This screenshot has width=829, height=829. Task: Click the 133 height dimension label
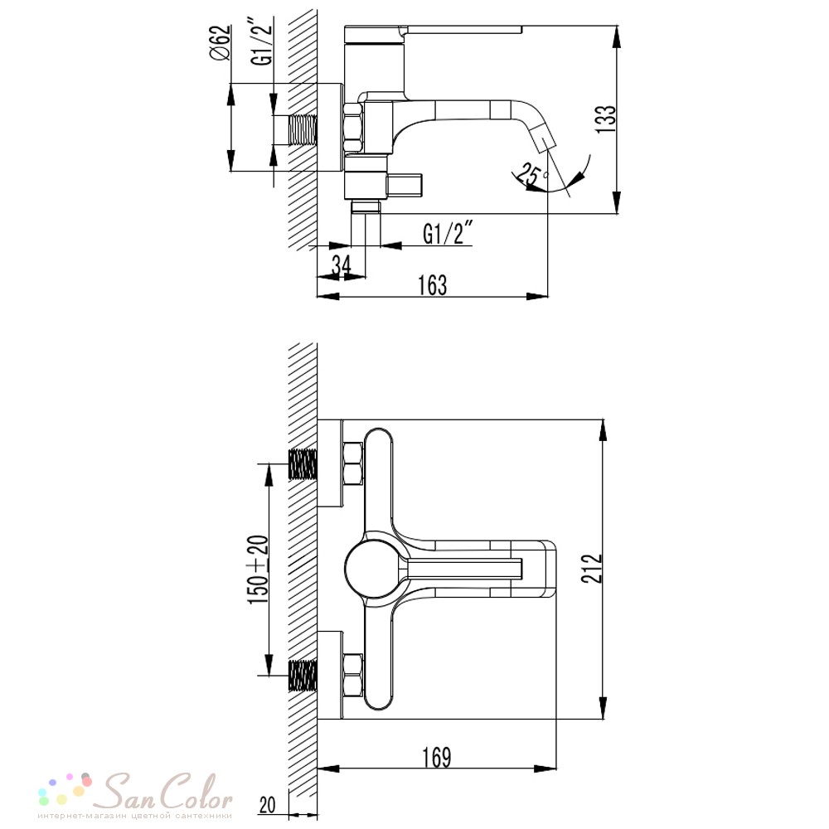point(607,119)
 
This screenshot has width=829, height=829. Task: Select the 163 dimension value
point(433,285)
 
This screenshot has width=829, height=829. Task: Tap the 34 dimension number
point(341,265)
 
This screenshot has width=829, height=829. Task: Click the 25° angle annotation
point(531,174)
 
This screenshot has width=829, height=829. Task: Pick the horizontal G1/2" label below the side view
point(448,233)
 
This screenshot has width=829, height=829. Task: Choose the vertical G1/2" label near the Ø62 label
point(263,44)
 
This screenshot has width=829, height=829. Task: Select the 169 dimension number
point(437,757)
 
